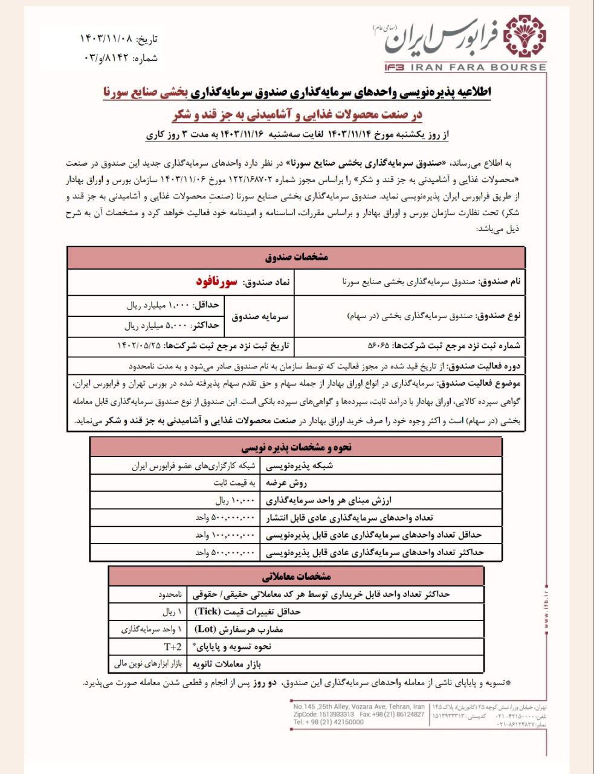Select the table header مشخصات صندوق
coord(296,257)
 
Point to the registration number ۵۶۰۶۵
coord(379,346)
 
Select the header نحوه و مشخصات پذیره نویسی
coord(296,448)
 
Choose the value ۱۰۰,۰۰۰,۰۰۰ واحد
coord(226,535)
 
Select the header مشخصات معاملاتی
coord(297,576)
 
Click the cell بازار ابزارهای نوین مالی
coord(148,664)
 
